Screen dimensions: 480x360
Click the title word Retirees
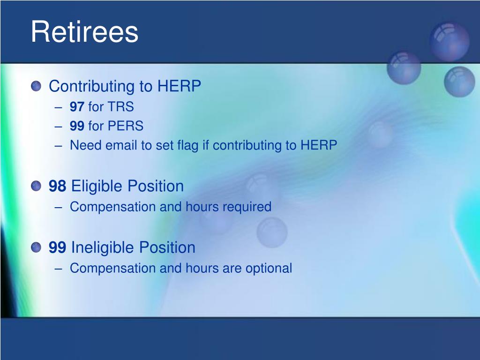point(84,31)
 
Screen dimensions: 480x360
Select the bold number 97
point(77,107)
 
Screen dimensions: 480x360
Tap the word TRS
point(120,107)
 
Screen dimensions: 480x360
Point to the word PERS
point(126,126)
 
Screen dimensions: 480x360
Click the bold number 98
point(57,186)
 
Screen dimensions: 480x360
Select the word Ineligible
point(103,248)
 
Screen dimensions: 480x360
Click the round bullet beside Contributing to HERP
point(36,86)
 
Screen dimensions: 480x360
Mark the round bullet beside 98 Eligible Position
point(36,186)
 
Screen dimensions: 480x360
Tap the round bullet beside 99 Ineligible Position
point(36,247)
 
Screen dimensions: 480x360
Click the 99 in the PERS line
point(77,126)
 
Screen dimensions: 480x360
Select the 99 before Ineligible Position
point(57,247)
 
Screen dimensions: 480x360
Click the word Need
point(86,145)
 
